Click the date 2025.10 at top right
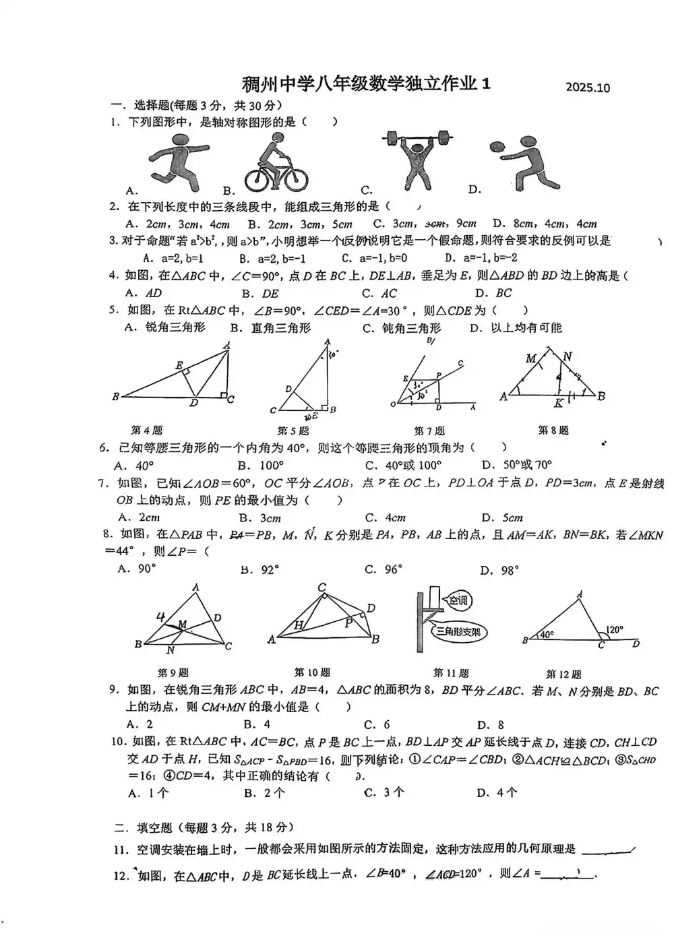588,88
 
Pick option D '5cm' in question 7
502,518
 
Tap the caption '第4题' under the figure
146,430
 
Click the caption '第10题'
312,672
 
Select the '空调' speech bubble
458,600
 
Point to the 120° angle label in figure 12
614,631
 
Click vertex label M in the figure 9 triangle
182,625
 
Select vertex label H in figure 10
299,625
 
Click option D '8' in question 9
491,725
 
